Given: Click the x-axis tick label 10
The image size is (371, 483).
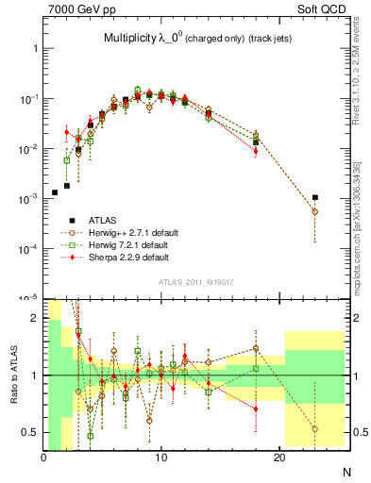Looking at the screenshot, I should point(161,458).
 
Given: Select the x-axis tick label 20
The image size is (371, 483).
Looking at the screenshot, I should point(279,458).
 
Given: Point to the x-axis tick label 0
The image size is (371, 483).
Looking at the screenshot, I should point(43,458).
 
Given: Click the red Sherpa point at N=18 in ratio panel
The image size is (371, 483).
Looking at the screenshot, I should point(256,408).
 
